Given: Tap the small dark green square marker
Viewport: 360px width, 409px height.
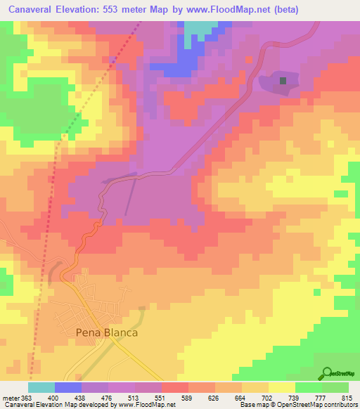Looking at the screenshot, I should point(283,81).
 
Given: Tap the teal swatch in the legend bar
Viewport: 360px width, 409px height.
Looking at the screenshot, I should point(41,388).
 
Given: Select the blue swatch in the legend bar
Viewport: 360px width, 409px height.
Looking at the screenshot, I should point(68,388).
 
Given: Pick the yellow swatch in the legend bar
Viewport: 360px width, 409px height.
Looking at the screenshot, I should point(281,388).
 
